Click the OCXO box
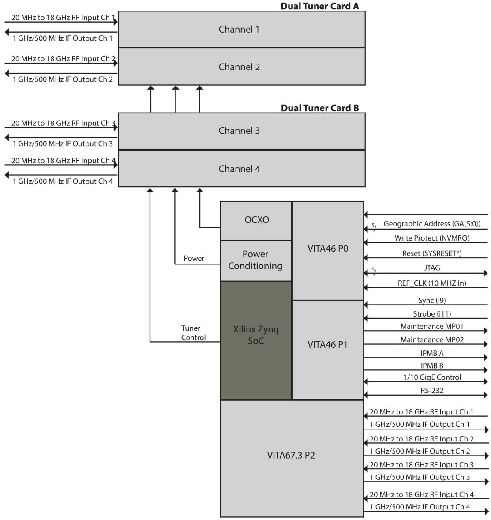point(256,221)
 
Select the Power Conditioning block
point(256,261)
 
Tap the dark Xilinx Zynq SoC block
point(256,340)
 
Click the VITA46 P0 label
point(328,249)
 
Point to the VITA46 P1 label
point(328,345)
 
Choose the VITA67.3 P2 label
point(291,456)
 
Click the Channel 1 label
point(239,30)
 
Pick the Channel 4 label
point(239,169)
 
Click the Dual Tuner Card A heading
point(319,6)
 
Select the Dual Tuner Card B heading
point(319,108)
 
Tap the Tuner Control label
point(193,333)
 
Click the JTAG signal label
point(432,268)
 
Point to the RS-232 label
point(432,391)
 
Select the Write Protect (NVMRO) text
point(432,238)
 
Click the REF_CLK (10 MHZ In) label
point(432,283)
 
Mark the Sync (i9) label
point(432,301)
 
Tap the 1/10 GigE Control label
point(432,377)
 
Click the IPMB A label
point(432,354)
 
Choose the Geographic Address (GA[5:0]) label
point(432,224)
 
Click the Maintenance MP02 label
point(432,339)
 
